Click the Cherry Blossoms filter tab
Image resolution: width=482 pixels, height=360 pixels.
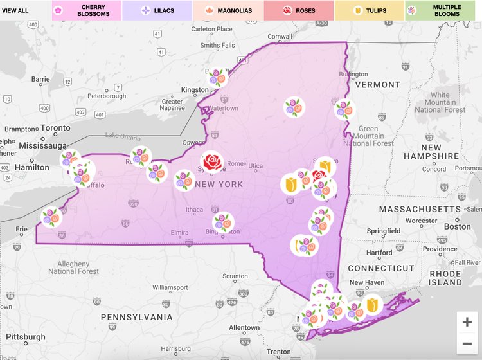coord(86,10)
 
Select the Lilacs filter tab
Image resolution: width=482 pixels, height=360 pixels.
coord(157,10)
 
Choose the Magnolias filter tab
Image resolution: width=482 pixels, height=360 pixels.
coord(228,10)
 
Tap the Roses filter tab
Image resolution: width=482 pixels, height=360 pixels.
coord(298,10)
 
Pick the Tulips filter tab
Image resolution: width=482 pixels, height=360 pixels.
coord(369,10)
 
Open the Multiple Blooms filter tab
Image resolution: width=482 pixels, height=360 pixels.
coord(443,10)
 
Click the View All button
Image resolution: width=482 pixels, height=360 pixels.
coord(15,10)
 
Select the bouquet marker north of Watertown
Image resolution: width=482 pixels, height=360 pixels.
coord(218,78)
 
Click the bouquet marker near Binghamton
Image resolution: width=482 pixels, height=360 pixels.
coord(223,222)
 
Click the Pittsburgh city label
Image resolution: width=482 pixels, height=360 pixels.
coord(22,336)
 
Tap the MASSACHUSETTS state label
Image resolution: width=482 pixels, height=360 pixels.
coord(421,210)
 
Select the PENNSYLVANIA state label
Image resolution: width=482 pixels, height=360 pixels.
coord(136,317)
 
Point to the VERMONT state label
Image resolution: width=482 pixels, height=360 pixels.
coord(377,85)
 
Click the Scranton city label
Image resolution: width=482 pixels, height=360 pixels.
coord(235,276)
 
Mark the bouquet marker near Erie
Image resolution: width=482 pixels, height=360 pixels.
coord(51,217)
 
